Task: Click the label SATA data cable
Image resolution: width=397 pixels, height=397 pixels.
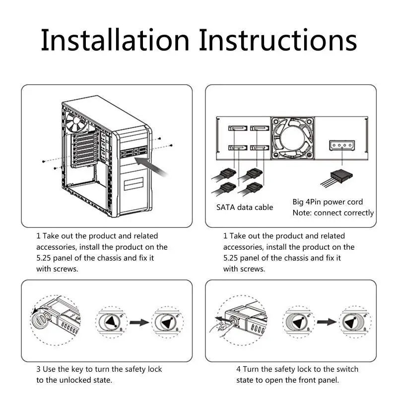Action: pyautogui.click(x=244, y=207)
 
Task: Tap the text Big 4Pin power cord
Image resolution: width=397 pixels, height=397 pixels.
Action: pyautogui.click(x=328, y=202)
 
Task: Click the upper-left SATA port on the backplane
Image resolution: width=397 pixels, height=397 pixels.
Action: pyautogui.click(x=237, y=129)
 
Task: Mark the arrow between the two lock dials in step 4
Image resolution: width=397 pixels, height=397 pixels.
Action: pyautogui.click(x=327, y=322)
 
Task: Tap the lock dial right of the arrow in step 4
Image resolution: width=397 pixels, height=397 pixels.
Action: pyautogui.click(x=355, y=322)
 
